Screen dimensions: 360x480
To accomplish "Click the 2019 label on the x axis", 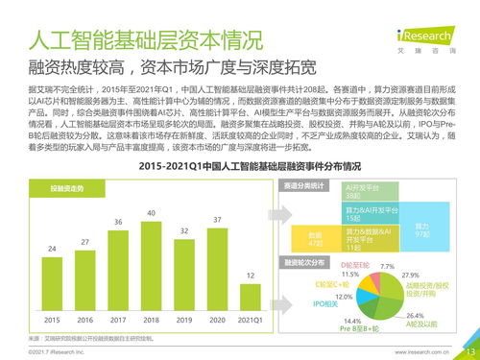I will [x=185, y=320].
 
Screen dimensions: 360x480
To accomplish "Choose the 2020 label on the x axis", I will [x=218, y=320].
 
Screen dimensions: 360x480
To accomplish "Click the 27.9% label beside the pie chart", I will [x=411, y=275].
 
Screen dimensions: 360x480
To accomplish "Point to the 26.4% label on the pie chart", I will [x=416, y=315].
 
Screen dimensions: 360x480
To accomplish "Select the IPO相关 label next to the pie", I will [x=327, y=303].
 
